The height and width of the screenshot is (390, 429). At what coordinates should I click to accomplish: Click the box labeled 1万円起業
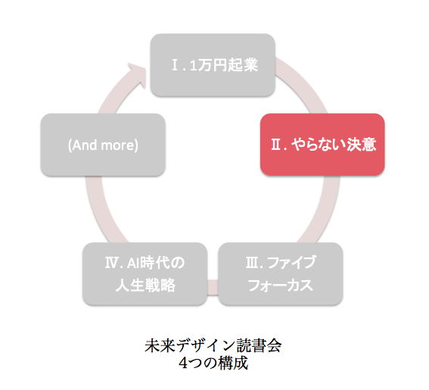pyautogui.click(x=213, y=65)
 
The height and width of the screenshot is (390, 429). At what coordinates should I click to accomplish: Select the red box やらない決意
pyautogui.click(x=322, y=145)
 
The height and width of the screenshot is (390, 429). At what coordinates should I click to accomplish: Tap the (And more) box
pyautogui.click(x=103, y=145)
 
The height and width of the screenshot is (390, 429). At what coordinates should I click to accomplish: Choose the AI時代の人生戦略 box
pyautogui.click(x=145, y=273)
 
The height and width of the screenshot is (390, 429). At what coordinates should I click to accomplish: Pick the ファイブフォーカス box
pyautogui.click(x=281, y=273)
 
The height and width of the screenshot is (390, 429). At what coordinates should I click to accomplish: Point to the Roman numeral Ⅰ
pyautogui.click(x=176, y=65)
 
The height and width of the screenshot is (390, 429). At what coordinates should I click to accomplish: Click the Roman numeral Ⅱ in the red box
pyautogui.click(x=275, y=145)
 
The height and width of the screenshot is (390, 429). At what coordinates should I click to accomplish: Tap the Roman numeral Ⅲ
pyautogui.click(x=252, y=263)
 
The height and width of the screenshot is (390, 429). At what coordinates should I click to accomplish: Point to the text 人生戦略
pyautogui.click(x=145, y=285)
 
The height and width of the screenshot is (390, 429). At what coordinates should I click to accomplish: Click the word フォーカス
pyautogui.click(x=281, y=285)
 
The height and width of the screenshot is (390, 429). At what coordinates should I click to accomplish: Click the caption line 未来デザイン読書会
pyautogui.click(x=213, y=345)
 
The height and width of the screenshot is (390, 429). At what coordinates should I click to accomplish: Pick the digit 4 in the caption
pyautogui.click(x=183, y=363)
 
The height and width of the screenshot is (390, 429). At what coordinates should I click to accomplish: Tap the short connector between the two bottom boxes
pyautogui.click(x=213, y=287)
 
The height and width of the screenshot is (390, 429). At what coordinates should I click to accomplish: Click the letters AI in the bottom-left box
pyautogui.click(x=133, y=263)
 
